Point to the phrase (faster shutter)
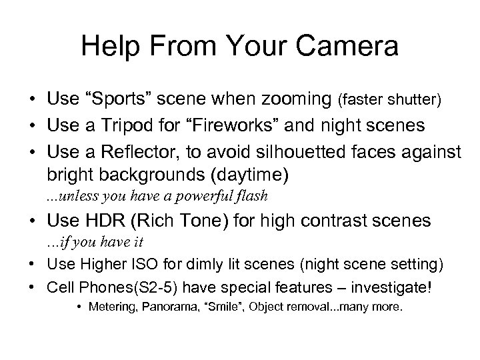(x=389, y=101)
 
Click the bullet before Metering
(x=79, y=310)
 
